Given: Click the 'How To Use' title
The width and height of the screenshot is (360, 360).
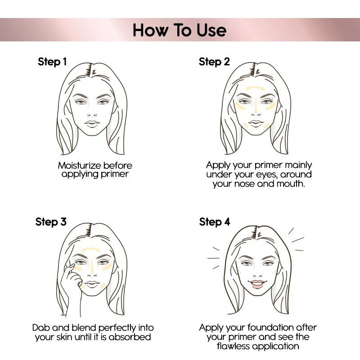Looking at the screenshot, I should (180, 30).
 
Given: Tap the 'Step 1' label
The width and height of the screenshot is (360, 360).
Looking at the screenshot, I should (52, 62).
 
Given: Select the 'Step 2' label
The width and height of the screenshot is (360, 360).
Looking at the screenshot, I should (214, 62).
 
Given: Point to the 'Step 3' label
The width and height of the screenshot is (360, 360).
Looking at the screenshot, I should (51, 222).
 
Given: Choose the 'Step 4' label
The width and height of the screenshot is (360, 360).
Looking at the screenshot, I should (215, 222).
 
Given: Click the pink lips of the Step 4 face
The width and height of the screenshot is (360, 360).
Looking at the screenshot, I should (257, 284).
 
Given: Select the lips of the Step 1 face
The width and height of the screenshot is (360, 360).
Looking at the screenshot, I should (93, 123).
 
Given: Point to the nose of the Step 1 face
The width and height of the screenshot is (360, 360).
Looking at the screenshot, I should (92, 112).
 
